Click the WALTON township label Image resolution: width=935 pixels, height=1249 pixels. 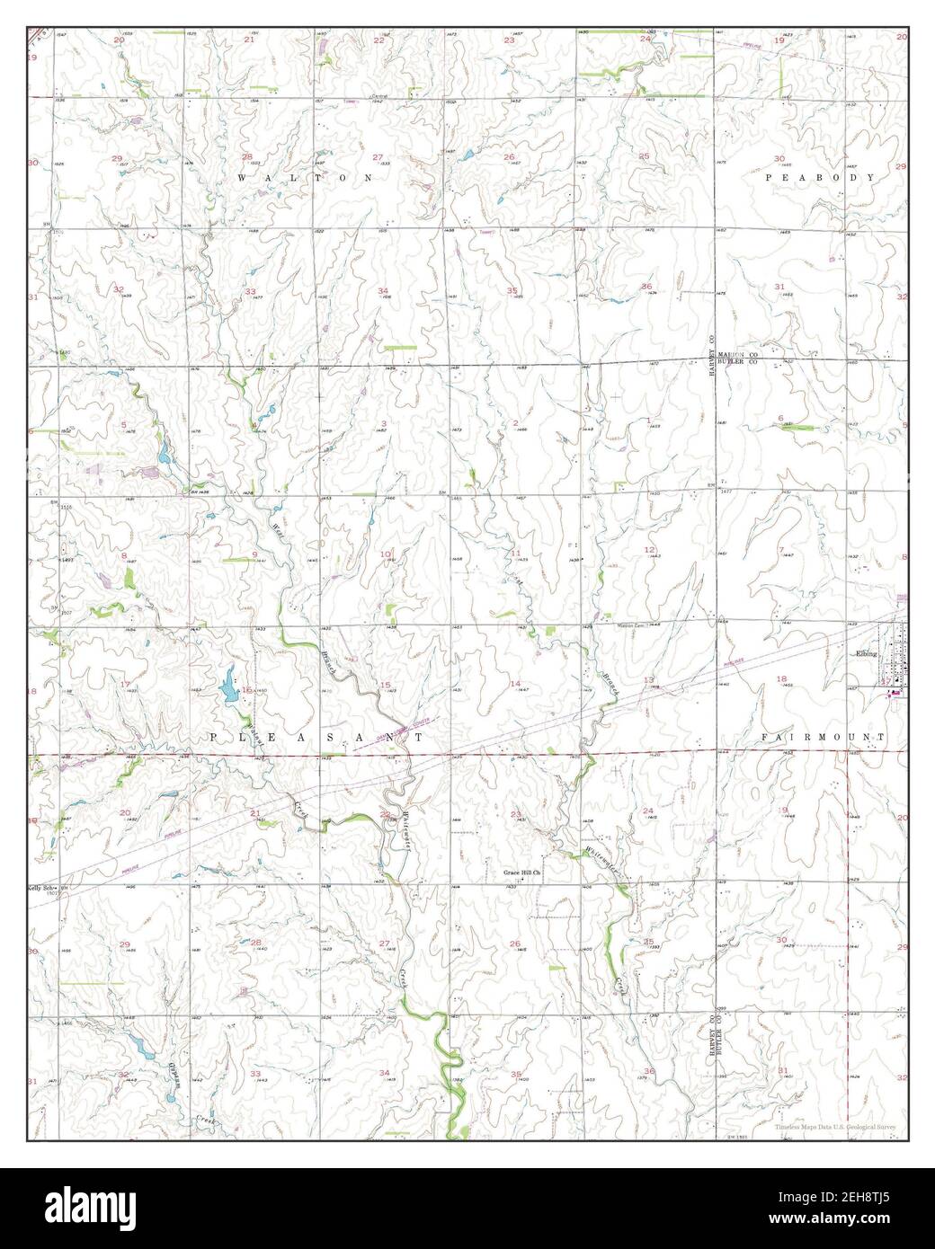306,179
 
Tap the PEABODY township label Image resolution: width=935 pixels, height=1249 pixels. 820,179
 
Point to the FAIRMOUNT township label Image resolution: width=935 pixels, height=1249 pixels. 823,737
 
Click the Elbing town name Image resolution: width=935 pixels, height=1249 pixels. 865,654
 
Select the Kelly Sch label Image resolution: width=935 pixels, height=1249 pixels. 43,886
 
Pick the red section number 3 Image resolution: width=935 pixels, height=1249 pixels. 384,423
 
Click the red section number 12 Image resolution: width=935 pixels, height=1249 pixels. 648,548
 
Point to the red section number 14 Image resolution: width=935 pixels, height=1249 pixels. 516,684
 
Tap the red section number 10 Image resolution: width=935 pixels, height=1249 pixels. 385,554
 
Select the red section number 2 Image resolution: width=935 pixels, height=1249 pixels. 516,423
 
